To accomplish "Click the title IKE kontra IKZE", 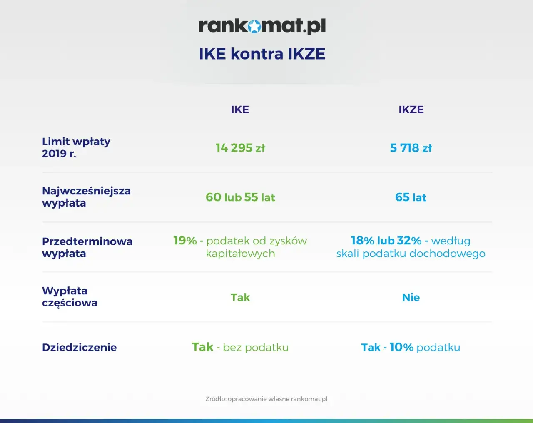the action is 262,54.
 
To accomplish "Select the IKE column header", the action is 240,110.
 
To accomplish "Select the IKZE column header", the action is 411,110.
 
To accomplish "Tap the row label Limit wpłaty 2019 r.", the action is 76,148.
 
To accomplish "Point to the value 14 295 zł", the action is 240,148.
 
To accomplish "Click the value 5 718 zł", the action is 411,148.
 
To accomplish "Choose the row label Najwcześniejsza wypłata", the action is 86,197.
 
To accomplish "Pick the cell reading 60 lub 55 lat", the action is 240,197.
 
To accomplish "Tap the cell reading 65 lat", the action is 411,197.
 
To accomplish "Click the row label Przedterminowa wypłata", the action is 87,247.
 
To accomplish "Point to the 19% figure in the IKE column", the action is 185,241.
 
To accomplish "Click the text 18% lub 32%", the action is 386,241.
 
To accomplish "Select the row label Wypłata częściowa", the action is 70,297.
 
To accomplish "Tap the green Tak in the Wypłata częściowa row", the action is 240,297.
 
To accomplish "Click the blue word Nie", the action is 411,297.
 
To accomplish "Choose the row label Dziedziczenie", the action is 79,348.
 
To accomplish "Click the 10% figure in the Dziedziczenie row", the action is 401,347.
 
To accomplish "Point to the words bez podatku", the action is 256,347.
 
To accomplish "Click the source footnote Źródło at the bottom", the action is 266,399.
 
